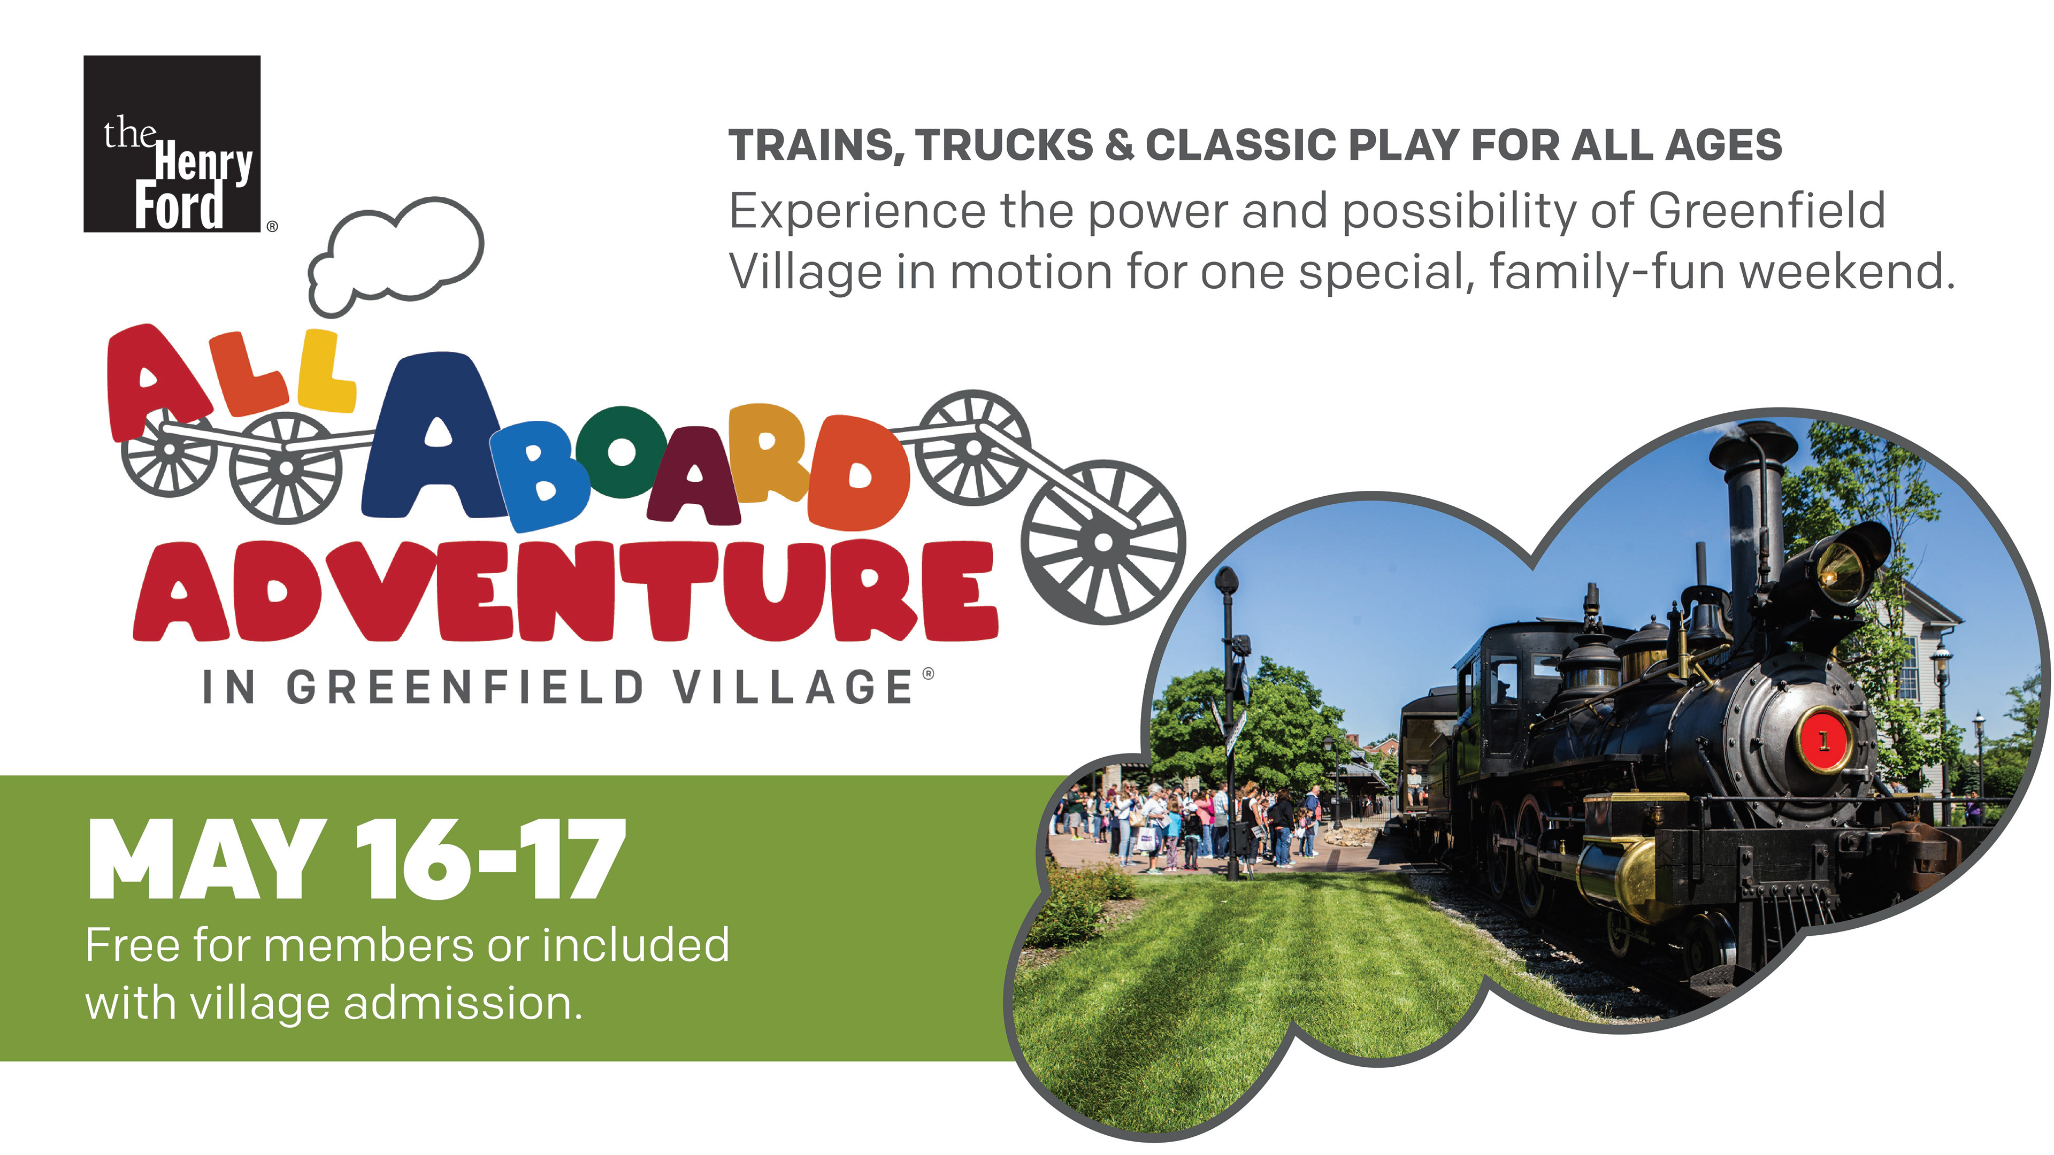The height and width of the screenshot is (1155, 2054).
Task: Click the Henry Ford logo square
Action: click(172, 143)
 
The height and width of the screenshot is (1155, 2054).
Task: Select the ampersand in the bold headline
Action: click(1120, 145)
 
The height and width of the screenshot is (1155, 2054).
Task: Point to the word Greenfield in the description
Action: click(1766, 211)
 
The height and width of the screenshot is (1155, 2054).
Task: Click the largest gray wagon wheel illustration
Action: click(1103, 542)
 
